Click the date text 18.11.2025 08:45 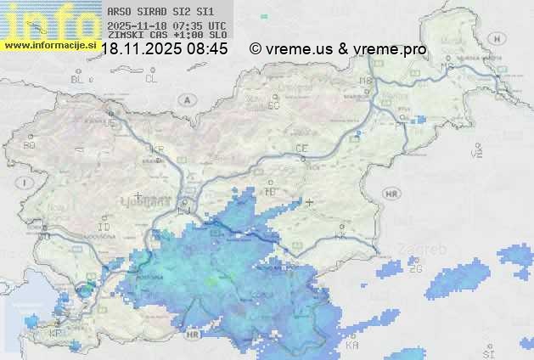(x=164, y=49)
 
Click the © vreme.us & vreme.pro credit (x=338, y=49)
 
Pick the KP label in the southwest (x=56, y=334)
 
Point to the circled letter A (x=186, y=100)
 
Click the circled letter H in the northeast (x=502, y=38)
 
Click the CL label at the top (x=151, y=79)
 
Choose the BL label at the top (x=78, y=79)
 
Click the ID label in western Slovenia (x=104, y=228)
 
